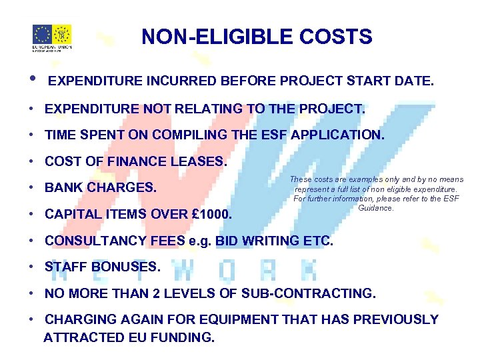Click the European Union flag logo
pos(43,34)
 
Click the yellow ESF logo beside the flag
pos(62,34)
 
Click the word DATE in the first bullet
pos(415,81)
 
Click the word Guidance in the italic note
pos(376,207)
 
